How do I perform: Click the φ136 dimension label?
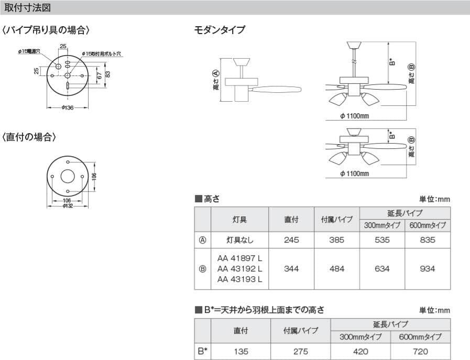click(68, 108)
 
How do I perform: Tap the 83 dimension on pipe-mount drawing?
click(107, 74)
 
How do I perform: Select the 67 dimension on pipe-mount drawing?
click(99, 76)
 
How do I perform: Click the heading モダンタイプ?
click(220, 30)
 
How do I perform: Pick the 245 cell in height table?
click(291, 240)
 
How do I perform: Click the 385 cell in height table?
click(337, 240)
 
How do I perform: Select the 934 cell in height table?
click(428, 269)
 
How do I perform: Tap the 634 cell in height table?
click(382, 269)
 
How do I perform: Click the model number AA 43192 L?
click(239, 269)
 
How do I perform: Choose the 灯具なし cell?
click(239, 240)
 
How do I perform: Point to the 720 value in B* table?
click(420, 352)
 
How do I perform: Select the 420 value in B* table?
click(361, 352)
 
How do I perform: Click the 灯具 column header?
click(239, 220)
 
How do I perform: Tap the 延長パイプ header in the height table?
click(405, 213)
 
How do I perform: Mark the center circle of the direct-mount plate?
click(68, 176)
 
